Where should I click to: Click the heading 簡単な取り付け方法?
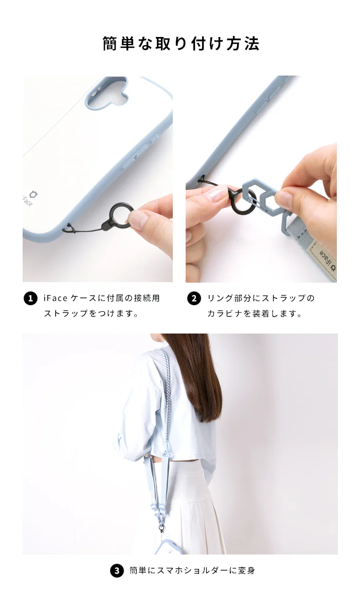tap(181, 44)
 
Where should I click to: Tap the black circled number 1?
tap(30, 299)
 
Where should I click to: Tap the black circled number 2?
tap(194, 299)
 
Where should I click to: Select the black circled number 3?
tap(117, 570)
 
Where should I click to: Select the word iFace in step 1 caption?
tap(56, 298)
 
